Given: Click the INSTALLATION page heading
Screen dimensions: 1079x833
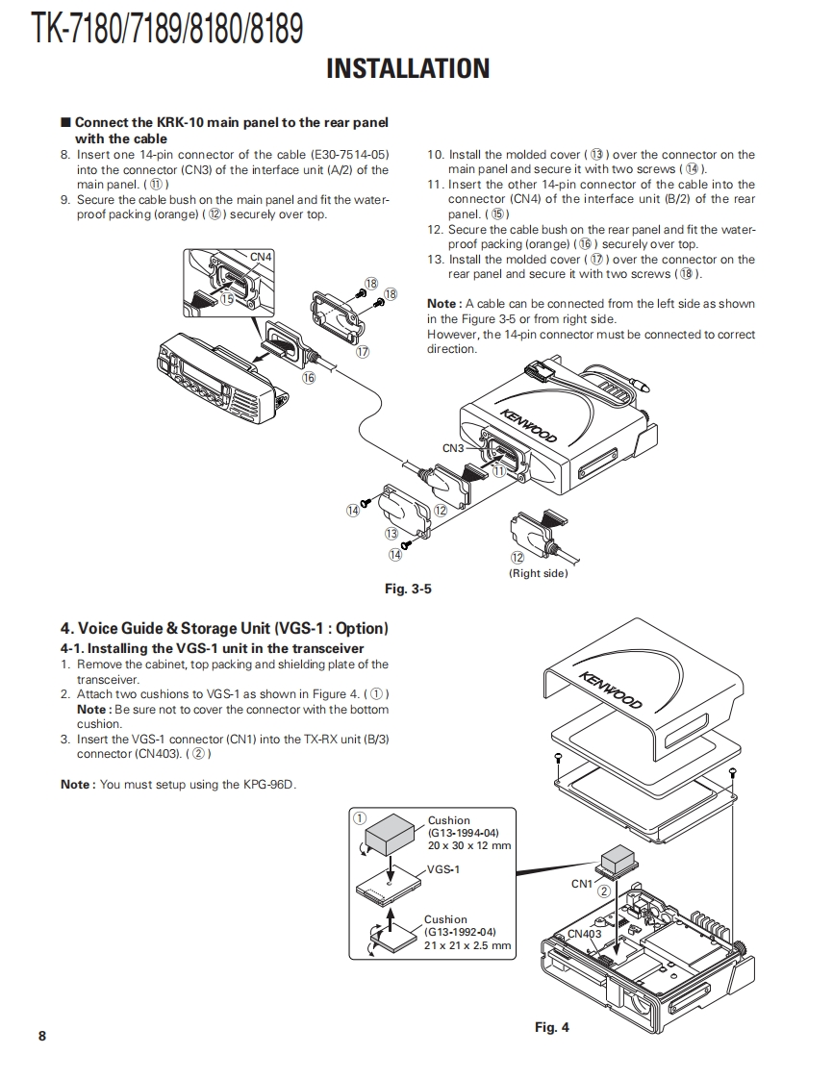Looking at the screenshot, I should pos(408,68).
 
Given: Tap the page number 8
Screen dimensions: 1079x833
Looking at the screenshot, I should pos(41,1036).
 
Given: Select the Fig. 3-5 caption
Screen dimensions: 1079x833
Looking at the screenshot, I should pos(408,590).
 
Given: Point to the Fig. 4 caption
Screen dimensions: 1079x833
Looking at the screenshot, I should pos(552,1027).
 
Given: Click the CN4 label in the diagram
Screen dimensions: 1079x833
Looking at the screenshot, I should pos(261,257).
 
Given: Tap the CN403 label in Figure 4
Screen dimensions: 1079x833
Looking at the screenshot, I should pos(584,934).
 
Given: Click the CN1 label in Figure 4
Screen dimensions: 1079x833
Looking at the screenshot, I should pos(582,884).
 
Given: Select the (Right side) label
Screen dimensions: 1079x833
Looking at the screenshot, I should pos(538,573).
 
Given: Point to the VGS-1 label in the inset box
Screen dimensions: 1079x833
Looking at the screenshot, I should pos(443,869).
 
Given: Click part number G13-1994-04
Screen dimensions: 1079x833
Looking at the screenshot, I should pos(464,833).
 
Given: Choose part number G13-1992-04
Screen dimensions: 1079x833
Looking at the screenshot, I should pos(460,932).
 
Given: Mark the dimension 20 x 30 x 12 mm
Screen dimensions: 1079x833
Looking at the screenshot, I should pos(469,845).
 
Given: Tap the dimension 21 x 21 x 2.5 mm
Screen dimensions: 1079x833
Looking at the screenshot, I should pos(467,945).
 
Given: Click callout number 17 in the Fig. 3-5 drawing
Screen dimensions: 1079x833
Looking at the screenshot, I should pos(363,352).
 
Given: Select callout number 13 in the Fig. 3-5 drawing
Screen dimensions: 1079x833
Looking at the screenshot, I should pos(391,534).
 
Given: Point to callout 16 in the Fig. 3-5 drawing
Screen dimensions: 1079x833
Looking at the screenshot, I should pos(309,378).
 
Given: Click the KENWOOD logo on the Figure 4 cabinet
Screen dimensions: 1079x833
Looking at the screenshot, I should pos(611,690).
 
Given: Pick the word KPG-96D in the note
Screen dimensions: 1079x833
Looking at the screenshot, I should pos(270,784).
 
